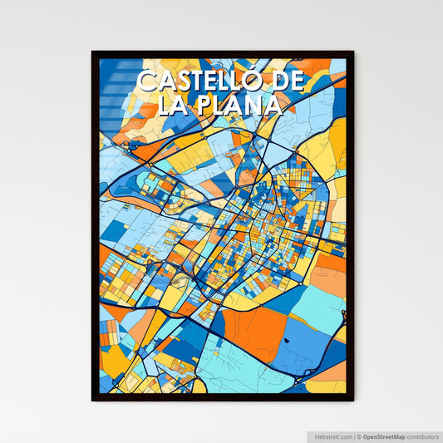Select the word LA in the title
click(155, 106)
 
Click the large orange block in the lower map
click(253, 325)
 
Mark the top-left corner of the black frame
click(92, 52)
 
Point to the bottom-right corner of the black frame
click(352, 400)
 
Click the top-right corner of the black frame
click(352, 52)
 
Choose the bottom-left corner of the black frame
click(92, 400)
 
